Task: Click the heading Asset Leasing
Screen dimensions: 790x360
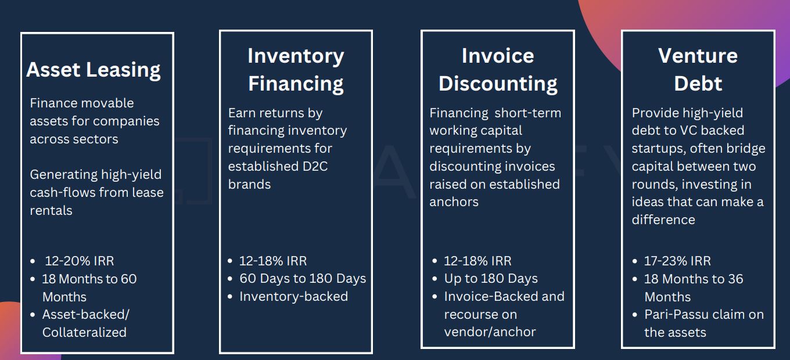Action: tap(94, 70)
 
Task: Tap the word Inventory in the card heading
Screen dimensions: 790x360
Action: tap(296, 56)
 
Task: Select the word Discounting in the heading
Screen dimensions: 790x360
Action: tap(498, 84)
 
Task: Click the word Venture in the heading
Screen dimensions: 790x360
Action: tap(698, 56)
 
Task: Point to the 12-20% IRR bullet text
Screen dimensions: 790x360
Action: tap(80, 261)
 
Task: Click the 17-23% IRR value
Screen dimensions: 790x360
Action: tap(677, 261)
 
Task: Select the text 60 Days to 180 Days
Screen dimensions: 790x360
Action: tap(303, 279)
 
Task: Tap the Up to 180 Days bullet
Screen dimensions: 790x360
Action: tap(491, 279)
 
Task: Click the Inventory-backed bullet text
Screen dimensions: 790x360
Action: tap(293, 297)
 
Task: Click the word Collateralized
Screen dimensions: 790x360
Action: tap(84, 333)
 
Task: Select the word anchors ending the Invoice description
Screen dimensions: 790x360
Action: tap(454, 202)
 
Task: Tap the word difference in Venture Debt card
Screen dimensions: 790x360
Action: tap(663, 220)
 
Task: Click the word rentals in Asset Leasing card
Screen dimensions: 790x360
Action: tap(51, 211)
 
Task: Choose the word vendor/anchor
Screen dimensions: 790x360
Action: tap(490, 332)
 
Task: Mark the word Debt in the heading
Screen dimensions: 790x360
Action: tap(698, 84)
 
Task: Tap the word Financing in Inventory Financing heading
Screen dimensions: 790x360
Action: tap(296, 84)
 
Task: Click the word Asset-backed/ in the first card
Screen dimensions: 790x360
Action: tap(86, 315)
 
